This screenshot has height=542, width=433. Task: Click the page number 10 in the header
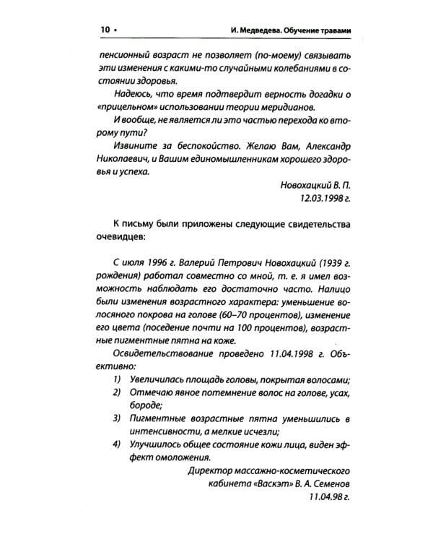(100, 30)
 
